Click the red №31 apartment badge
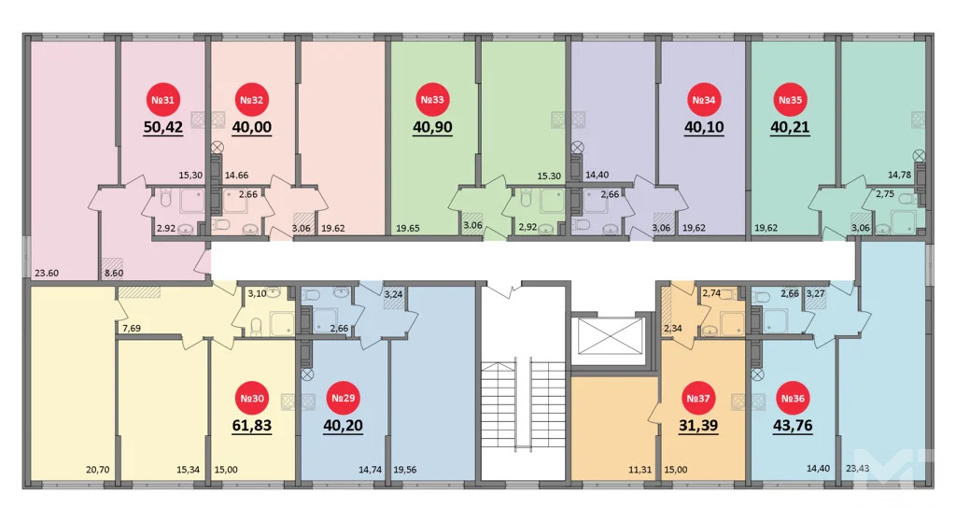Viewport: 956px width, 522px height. pyautogui.click(x=162, y=100)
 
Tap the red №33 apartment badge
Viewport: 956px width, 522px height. pyautogui.click(x=432, y=100)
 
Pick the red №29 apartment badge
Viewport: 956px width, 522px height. pyautogui.click(x=343, y=399)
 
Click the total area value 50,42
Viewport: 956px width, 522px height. pyautogui.click(x=163, y=128)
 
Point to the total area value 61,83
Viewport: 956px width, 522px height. pyautogui.click(x=252, y=427)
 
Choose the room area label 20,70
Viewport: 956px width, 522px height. pyautogui.click(x=96, y=471)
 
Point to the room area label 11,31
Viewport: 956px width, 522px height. pyautogui.click(x=640, y=471)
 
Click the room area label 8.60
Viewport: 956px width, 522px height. pyautogui.click(x=114, y=274)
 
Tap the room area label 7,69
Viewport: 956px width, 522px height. pyautogui.click(x=132, y=328)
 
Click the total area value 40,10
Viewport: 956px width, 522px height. pyautogui.click(x=704, y=128)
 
